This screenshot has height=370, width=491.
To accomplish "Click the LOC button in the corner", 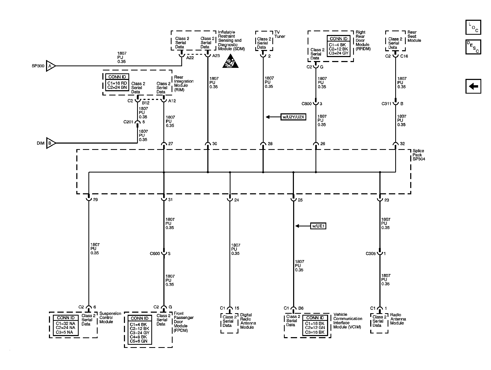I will [x=473, y=27].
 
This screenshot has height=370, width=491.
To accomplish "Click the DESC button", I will [x=473, y=47].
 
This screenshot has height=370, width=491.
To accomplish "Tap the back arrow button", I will [x=473, y=86].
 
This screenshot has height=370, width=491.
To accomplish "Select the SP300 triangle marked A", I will [x=50, y=66].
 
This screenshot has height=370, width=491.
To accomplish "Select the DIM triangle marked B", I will [x=50, y=143].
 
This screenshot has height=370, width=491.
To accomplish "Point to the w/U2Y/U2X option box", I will [x=293, y=117].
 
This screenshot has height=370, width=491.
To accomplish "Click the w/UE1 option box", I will [x=318, y=226].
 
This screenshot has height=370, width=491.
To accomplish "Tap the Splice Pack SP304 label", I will [x=418, y=155].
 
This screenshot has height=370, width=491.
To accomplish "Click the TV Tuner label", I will [x=279, y=34].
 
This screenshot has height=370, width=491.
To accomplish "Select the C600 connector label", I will [x=155, y=254].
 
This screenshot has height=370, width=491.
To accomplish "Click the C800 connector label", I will [x=307, y=104].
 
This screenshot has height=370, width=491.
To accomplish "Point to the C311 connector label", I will [x=387, y=104].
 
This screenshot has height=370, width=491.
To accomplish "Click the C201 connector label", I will [x=128, y=122].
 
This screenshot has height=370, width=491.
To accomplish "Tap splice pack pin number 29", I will [x=95, y=200].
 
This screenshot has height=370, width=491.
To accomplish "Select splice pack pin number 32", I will [x=402, y=144].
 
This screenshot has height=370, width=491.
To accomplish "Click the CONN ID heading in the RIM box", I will [x=117, y=77].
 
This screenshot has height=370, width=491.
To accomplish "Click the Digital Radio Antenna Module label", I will [x=248, y=321].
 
